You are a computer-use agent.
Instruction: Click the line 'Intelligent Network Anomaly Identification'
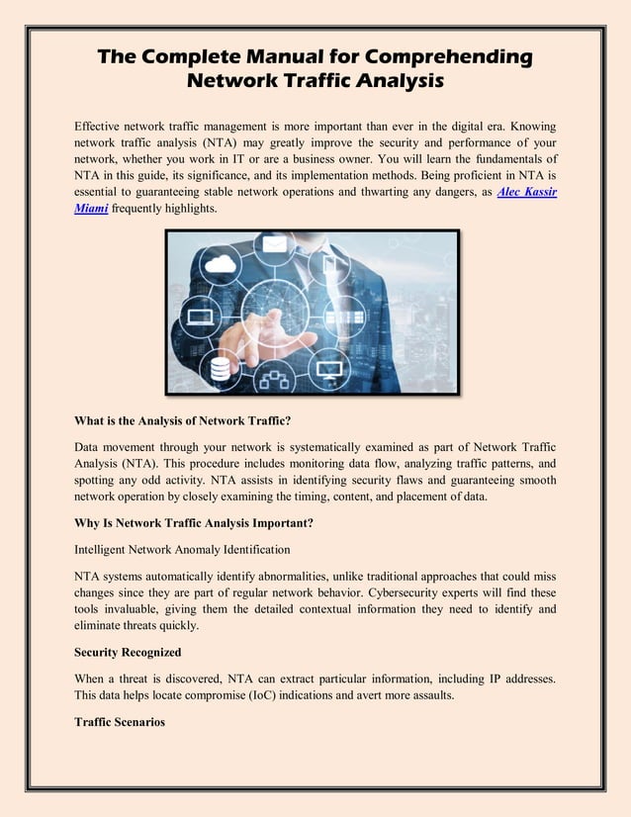pyautogui.click(x=182, y=548)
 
